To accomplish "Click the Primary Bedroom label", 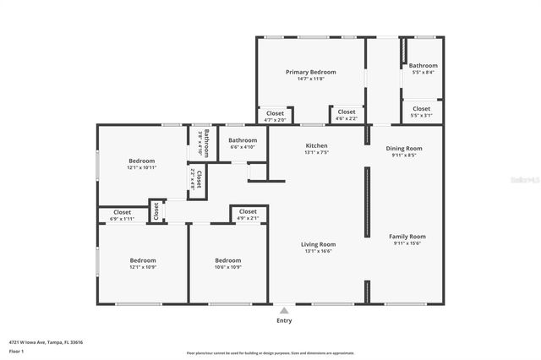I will pyautogui.click(x=310, y=73).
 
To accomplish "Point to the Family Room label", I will pyautogui.click(x=407, y=237).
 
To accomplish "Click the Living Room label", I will pyautogui.click(x=318, y=245).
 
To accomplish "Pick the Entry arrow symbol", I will pyautogui.click(x=283, y=309).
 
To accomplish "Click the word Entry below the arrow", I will pyautogui.click(x=283, y=320).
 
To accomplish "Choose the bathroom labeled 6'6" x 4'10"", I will pyautogui.click(x=243, y=140).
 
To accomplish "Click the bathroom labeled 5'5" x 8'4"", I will pyautogui.click(x=423, y=66).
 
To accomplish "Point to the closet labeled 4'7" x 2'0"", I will pyautogui.click(x=275, y=113).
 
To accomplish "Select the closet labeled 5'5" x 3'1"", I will pyautogui.click(x=421, y=109).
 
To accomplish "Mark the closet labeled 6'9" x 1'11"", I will pyautogui.click(x=122, y=213).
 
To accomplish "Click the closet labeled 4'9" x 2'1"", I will pyautogui.click(x=248, y=212).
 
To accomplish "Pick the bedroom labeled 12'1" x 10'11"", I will pyautogui.click(x=141, y=161).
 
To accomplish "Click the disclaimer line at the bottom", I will pyautogui.click(x=270, y=353).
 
